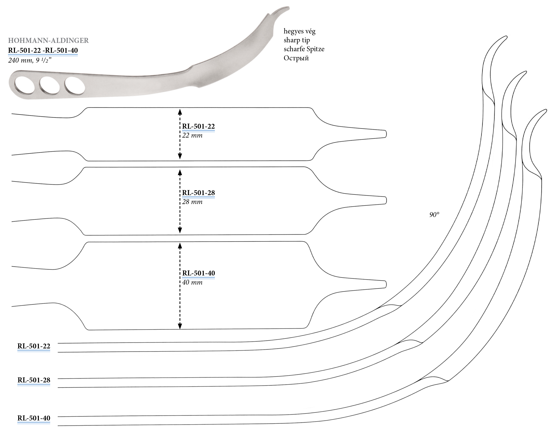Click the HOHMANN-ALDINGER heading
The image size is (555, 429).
(x=48, y=40)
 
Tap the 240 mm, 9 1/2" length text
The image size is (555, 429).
(x=30, y=60)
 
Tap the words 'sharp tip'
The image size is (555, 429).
(x=297, y=40)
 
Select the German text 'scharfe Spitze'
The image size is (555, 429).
(x=304, y=49)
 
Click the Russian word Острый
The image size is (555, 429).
(x=296, y=58)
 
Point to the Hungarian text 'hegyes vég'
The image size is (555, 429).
(x=299, y=31)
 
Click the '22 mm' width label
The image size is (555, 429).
(x=192, y=135)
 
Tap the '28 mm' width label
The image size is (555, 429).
(x=192, y=202)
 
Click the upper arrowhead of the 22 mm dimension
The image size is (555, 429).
(x=180, y=112)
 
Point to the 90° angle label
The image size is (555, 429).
(x=434, y=215)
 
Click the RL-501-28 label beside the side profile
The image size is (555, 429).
(x=34, y=380)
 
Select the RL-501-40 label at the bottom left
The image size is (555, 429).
(x=34, y=418)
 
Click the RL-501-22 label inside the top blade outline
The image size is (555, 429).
(x=198, y=126)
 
